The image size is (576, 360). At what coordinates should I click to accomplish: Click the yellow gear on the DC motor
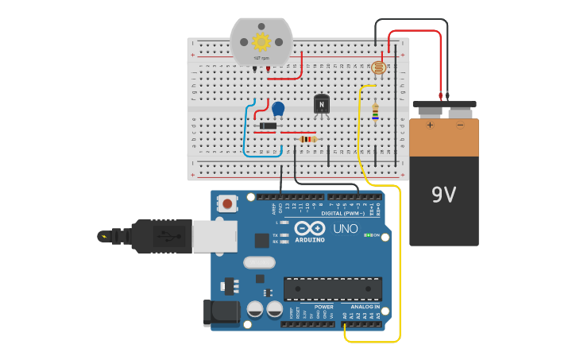click(261, 41)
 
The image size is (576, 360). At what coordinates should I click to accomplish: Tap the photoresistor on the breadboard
click(378, 68)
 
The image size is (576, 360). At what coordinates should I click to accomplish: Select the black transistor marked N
click(321, 104)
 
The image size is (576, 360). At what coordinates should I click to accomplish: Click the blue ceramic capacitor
click(278, 108)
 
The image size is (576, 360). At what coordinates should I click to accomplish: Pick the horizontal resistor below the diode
click(307, 139)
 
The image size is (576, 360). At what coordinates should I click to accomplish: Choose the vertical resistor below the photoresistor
click(375, 113)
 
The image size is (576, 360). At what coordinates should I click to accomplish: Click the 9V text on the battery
click(443, 195)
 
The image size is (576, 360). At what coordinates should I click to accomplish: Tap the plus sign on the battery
click(430, 125)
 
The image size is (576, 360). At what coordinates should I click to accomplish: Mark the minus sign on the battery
click(459, 125)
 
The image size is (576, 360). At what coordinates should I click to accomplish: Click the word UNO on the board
click(345, 229)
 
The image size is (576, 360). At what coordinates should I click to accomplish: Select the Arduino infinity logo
click(309, 228)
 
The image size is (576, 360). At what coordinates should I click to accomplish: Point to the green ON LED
click(367, 235)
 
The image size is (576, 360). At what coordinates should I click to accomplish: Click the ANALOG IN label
click(365, 306)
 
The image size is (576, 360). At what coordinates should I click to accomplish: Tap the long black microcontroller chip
click(332, 288)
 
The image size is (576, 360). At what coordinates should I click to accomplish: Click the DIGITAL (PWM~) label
click(343, 213)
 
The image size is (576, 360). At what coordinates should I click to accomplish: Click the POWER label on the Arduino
click(323, 306)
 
